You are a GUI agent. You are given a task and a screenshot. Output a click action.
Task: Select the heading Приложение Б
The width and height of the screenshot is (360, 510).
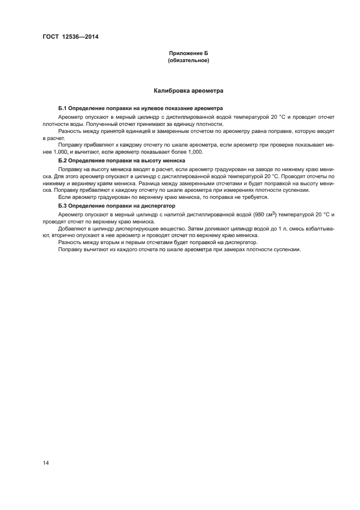click(188, 53)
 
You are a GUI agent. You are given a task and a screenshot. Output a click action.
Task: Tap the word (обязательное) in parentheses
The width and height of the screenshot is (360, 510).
click(188, 60)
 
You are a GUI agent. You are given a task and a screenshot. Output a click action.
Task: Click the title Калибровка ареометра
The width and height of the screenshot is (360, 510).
click(188, 90)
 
